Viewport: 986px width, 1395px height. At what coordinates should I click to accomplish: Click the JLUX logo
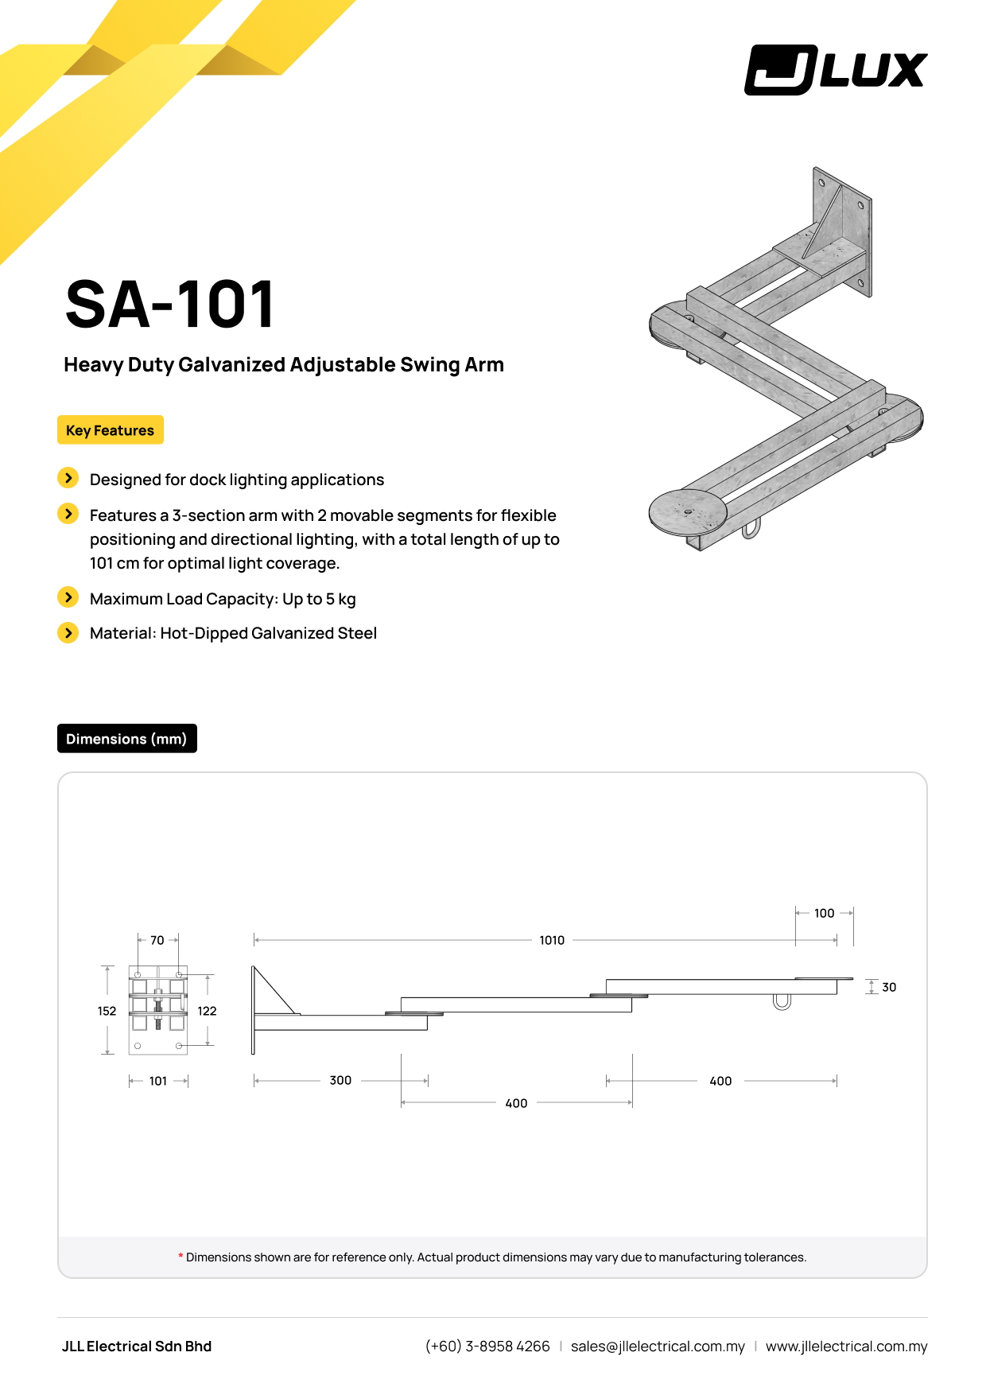[836, 70]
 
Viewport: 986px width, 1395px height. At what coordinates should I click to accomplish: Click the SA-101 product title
[170, 304]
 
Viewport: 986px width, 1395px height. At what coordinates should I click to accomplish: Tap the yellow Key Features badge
[110, 430]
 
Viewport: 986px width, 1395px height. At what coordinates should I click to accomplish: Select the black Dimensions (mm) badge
[126, 739]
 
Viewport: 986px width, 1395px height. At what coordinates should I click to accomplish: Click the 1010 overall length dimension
[552, 940]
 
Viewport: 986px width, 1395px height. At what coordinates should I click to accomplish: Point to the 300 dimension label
[340, 1080]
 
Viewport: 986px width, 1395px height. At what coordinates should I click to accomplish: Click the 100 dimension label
[825, 913]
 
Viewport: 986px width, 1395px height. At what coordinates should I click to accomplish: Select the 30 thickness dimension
[889, 987]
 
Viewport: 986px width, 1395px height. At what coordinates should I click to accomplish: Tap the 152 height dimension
[107, 1011]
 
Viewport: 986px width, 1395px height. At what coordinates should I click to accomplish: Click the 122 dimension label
[207, 1011]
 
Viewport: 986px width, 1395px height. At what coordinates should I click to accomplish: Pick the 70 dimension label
[157, 940]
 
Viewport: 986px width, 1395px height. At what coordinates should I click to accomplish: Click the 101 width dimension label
[158, 1081]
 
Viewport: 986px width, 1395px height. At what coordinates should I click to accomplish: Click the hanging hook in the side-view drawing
[782, 1002]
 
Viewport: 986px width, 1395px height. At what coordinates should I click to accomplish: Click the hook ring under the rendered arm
[751, 529]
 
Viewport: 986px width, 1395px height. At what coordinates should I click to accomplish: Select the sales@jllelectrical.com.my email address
[658, 1346]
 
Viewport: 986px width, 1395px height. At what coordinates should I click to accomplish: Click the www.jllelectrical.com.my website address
[846, 1346]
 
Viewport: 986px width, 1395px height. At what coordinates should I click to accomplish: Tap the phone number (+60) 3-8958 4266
[487, 1346]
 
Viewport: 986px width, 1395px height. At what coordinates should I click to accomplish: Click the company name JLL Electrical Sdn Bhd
[137, 1346]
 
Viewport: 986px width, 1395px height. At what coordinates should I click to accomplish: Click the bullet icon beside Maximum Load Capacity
[68, 597]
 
